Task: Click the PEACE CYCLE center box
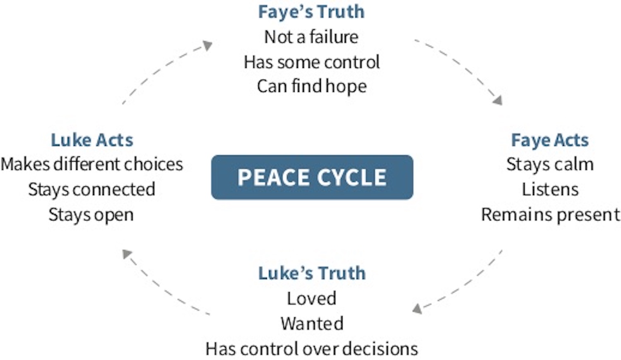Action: pos(312,177)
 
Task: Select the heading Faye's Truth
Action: pos(311,12)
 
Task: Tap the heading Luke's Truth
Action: pos(312,273)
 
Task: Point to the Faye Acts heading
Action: pos(550,140)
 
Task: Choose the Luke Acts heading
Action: pos(92,140)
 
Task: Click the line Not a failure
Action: pos(311,37)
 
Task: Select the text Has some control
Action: pos(312,62)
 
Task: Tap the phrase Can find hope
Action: pos(312,86)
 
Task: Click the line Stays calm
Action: pos(550,164)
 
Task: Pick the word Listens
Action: pos(550,189)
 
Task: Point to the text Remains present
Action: pos(551,215)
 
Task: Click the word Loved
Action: pos(312,298)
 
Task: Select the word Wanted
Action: pos(312,324)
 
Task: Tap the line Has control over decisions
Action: pos(312,349)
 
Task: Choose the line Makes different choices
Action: pos(92,164)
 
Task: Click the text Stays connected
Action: pos(92,189)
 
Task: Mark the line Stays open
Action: pos(91,215)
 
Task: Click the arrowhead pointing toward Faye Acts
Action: pos(498,100)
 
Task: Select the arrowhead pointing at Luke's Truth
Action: pos(417,309)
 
